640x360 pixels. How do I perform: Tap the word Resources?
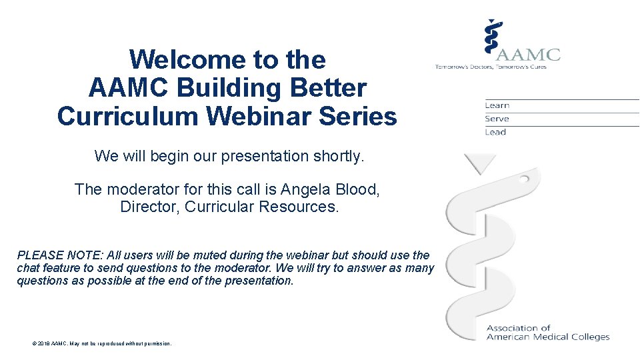click(298, 207)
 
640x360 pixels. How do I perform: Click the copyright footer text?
click(101, 343)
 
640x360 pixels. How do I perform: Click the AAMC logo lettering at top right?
click(528, 55)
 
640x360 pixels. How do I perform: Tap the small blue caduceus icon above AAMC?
click(492, 37)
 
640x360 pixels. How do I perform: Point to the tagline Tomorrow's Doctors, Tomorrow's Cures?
click(491, 67)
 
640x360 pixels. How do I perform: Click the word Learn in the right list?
click(497, 105)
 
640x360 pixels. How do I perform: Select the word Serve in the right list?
click(497, 119)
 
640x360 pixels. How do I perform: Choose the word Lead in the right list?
click(496, 132)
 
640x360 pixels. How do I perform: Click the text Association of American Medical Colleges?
click(547, 333)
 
